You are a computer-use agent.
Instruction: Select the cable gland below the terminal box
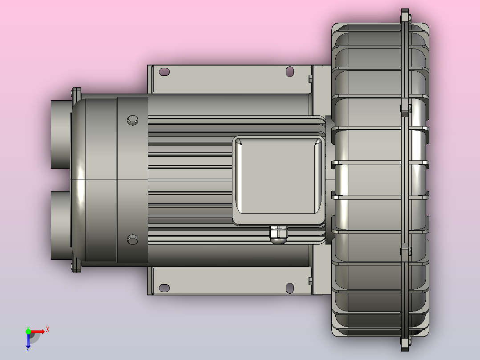(278, 235)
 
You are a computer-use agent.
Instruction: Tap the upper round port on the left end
(60, 134)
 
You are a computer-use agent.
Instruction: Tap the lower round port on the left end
(60, 225)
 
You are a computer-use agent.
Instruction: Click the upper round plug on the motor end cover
(133, 119)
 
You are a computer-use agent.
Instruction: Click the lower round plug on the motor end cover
(133, 240)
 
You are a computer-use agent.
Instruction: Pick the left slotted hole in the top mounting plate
(164, 71)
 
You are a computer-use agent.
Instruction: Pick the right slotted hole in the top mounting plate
(290, 71)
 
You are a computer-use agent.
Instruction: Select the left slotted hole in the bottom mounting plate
(164, 288)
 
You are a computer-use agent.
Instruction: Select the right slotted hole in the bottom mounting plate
(290, 288)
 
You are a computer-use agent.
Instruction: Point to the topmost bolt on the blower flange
(404, 16)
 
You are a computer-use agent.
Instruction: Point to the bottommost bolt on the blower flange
(404, 343)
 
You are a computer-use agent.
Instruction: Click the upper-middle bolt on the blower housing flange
(405, 108)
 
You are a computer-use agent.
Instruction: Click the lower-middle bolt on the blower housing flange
(405, 251)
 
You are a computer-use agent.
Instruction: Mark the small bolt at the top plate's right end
(310, 78)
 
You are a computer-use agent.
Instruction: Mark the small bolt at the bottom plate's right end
(310, 281)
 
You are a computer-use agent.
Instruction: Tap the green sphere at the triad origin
(28, 331)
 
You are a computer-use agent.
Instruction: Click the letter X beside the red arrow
(48, 329)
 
